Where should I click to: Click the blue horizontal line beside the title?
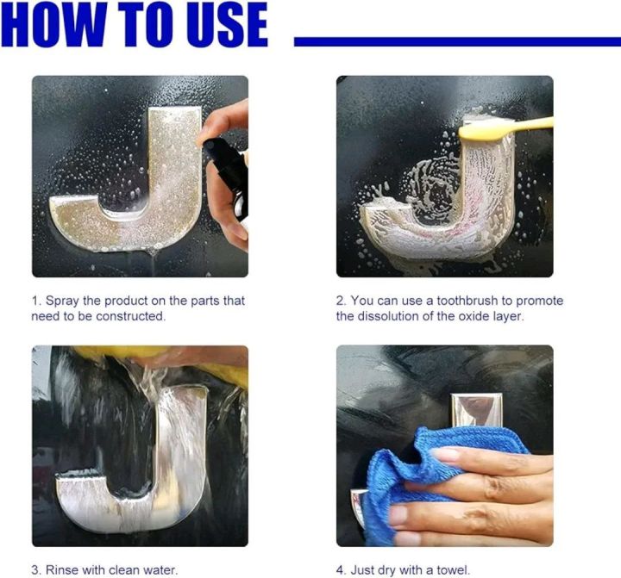(x=457, y=41)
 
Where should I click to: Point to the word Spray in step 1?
(x=61, y=301)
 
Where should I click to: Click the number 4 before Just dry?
(x=340, y=569)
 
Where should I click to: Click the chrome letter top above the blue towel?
(x=476, y=409)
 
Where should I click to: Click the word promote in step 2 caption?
(x=541, y=301)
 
